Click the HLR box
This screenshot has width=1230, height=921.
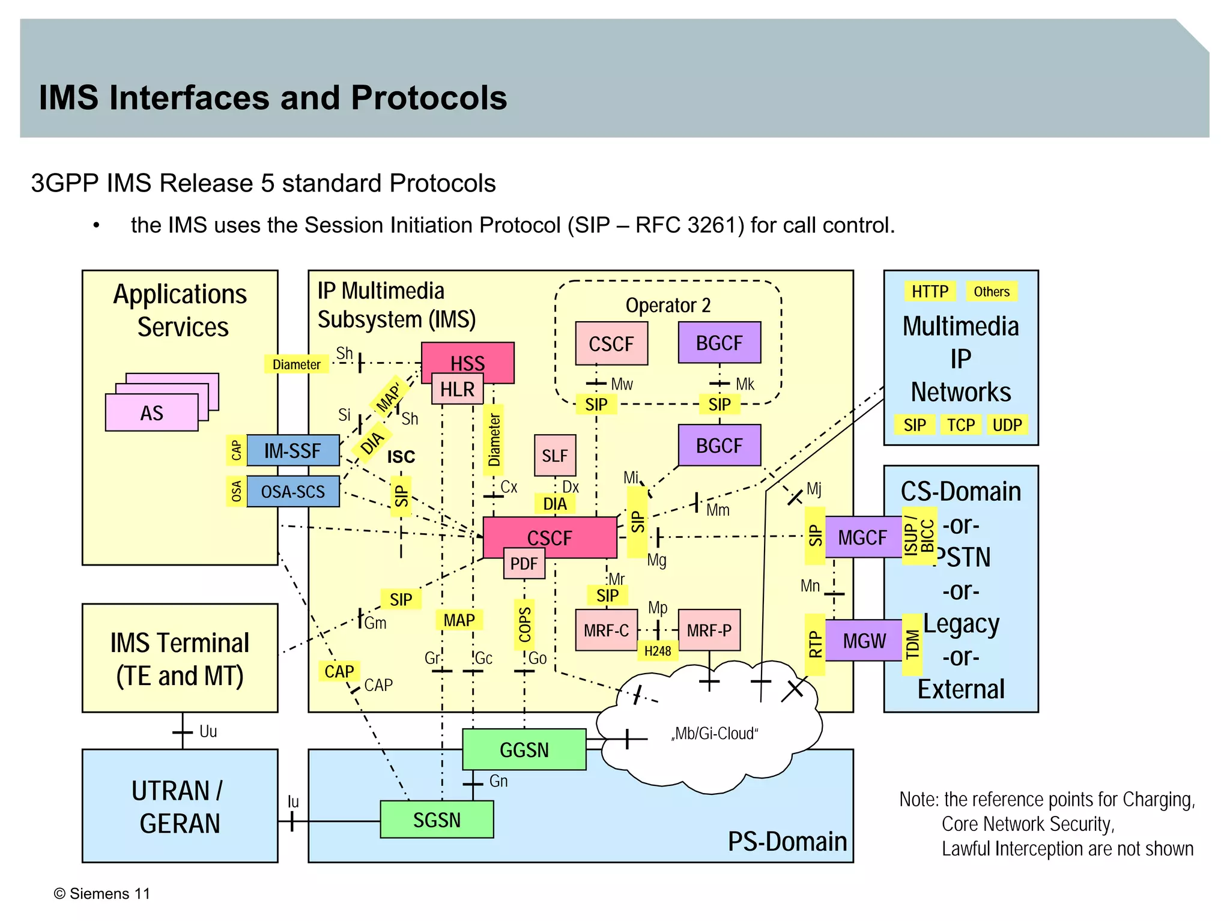coord(457,389)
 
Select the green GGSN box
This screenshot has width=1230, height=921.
coord(524,749)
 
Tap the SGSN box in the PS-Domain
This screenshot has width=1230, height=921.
coord(437,820)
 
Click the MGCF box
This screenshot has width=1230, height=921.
coord(862,537)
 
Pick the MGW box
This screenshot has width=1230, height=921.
coord(864,641)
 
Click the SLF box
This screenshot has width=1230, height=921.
coord(554,455)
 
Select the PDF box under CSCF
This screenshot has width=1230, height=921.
coord(524,563)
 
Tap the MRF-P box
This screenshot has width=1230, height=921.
coord(709,630)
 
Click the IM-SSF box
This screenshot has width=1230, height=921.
coord(292,450)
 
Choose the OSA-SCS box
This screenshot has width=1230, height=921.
coord(292,491)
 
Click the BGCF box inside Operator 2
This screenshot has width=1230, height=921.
coord(719,343)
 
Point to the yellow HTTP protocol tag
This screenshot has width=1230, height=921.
coord(929,292)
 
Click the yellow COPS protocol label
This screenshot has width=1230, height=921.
coord(524,624)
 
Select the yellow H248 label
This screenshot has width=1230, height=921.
coord(657,651)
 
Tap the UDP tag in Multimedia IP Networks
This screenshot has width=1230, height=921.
coord(1007,425)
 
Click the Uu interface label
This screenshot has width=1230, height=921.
coord(208,731)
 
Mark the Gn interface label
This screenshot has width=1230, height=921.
coord(498,781)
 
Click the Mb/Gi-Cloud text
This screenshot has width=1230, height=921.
coord(715,733)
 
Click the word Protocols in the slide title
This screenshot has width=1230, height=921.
coord(429,98)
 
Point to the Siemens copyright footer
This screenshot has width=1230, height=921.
coord(102,893)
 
